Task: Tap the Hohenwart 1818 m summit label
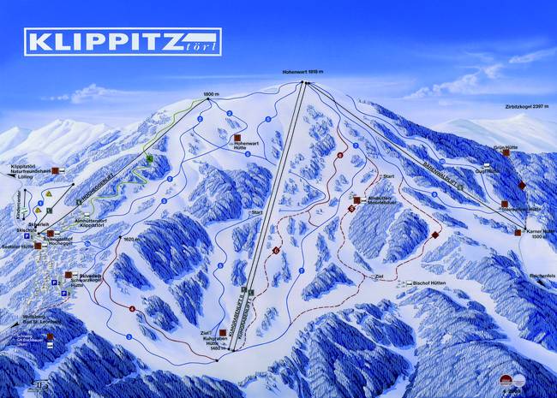tap(304, 72)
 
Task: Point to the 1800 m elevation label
tap(213, 92)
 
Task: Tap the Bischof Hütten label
tap(430, 282)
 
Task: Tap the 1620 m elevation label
tap(131, 240)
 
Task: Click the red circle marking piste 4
tap(133, 308)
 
